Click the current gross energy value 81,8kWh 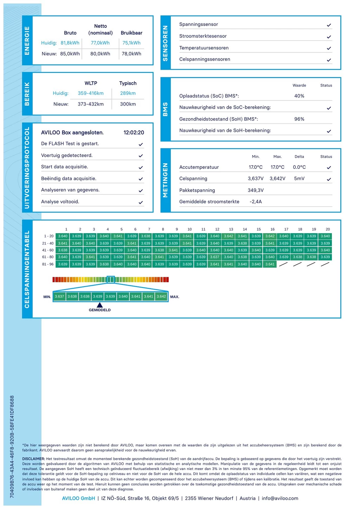pyautogui.click(x=70, y=43)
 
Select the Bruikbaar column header pyautogui.click(x=131, y=33)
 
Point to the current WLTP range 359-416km pyautogui.click(x=91, y=93)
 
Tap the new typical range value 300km pyautogui.click(x=128, y=104)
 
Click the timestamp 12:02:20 pyautogui.click(x=134, y=133)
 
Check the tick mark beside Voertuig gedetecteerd pyautogui.click(x=141, y=155)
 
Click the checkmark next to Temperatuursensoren pyautogui.click(x=329, y=48)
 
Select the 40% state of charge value pyautogui.click(x=299, y=96)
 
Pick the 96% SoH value pyautogui.click(x=299, y=119)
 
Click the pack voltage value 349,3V pyautogui.click(x=256, y=190)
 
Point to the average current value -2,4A pyautogui.click(x=256, y=202)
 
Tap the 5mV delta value pyautogui.click(x=299, y=179)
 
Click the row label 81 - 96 pyautogui.click(x=48, y=264)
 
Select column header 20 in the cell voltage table pyautogui.click(x=328, y=229)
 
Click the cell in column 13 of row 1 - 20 pyautogui.click(x=229, y=236)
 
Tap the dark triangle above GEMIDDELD pyautogui.click(x=100, y=305)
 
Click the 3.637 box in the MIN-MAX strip pyautogui.click(x=59, y=297)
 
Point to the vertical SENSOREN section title pyautogui.click(x=166, y=43)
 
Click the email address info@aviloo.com pyautogui.click(x=280, y=498)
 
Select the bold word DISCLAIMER pyautogui.click(x=33, y=459)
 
